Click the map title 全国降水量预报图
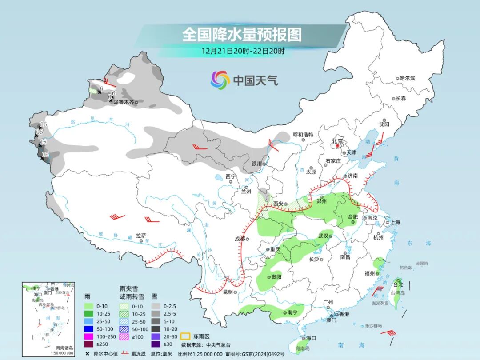tap(242, 34)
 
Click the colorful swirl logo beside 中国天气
tap(220, 80)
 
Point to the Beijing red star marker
tap(337, 145)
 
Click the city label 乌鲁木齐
tap(123, 102)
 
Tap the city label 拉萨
tap(141, 235)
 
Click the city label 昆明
tap(228, 292)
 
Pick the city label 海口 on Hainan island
tap(311, 338)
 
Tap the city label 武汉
tap(323, 236)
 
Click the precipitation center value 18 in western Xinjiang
tap(44, 142)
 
